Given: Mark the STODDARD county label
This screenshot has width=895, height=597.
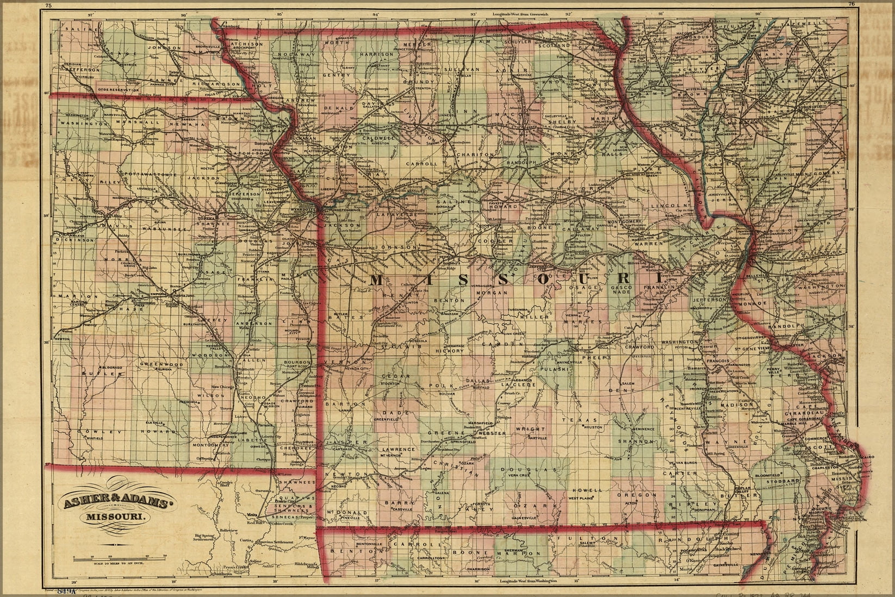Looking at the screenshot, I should (784, 481).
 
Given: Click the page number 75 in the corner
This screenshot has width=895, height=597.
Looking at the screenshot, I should (48, 5).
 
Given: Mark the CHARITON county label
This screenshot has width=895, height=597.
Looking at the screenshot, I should (480, 155).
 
